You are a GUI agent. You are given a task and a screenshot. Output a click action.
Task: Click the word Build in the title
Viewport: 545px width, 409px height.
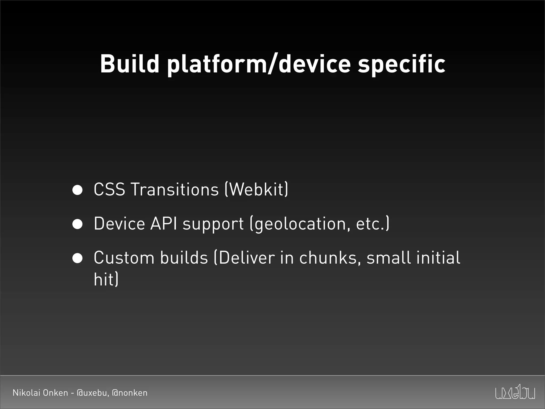click(x=129, y=64)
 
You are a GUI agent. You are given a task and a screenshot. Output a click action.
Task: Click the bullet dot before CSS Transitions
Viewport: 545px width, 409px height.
click(x=77, y=190)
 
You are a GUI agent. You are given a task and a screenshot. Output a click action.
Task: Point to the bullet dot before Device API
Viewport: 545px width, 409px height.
click(x=77, y=224)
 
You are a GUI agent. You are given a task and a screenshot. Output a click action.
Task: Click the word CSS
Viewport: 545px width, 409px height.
click(x=109, y=189)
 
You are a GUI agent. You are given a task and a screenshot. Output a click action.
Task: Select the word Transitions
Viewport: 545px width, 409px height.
click(x=175, y=189)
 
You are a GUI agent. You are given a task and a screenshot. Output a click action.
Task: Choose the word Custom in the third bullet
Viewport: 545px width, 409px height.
click(x=124, y=257)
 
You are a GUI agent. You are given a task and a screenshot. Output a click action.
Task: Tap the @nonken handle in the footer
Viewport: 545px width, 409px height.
click(x=130, y=393)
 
